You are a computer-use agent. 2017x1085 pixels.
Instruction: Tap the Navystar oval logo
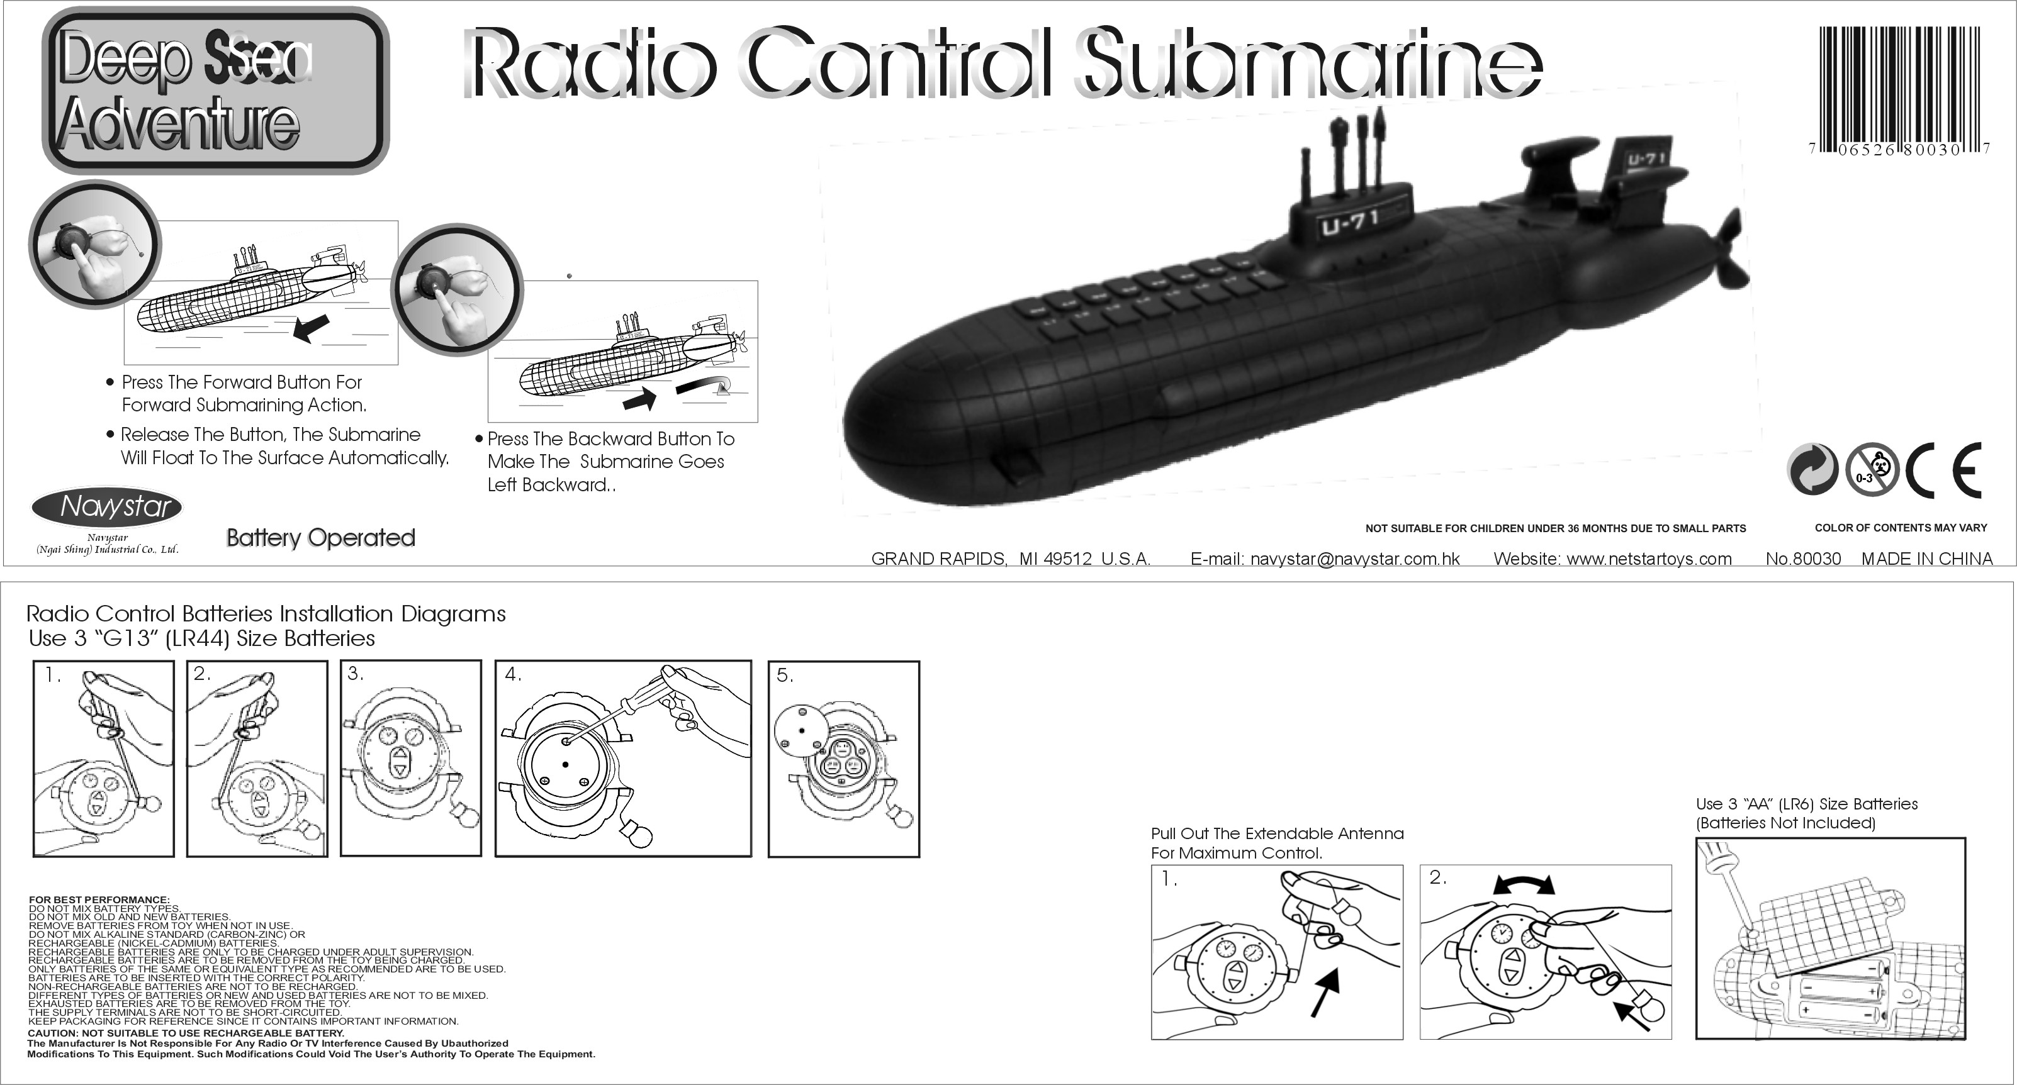[107, 507]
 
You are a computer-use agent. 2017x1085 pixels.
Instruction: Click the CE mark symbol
[1943, 470]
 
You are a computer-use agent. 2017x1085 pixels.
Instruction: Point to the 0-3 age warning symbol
[1872, 470]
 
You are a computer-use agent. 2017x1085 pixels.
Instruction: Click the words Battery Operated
[320, 538]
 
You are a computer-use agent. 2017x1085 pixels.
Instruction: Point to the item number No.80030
[1802, 559]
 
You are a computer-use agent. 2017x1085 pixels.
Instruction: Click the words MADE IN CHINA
[1926, 559]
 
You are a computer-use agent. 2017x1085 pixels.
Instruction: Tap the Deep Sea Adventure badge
[215, 90]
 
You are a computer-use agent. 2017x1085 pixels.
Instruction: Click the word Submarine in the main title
[1308, 64]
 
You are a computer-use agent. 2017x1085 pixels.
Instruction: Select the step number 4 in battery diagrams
[512, 674]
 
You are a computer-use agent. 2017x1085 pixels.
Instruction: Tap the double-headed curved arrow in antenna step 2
[1524, 884]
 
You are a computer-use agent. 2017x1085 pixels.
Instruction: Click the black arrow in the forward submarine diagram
[311, 328]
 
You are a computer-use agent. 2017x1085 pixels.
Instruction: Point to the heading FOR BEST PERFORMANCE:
[99, 899]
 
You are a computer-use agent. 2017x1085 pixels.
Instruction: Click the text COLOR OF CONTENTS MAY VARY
[1901, 528]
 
